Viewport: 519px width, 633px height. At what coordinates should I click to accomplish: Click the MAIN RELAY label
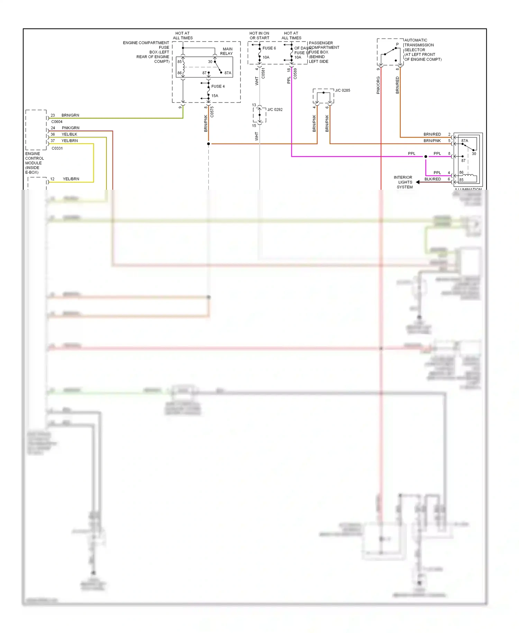pos(227,51)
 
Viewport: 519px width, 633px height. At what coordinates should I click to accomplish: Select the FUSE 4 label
pos(218,87)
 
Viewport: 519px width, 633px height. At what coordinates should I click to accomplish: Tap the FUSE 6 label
pos(269,48)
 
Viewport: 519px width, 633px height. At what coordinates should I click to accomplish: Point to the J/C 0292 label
pos(275,110)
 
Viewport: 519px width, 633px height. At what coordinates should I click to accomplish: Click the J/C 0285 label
pos(343,90)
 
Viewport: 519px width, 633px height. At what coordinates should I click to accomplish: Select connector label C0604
pos(57,122)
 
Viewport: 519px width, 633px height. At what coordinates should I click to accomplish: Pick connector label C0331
pos(57,148)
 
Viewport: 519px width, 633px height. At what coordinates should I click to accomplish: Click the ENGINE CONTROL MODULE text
pos(34,163)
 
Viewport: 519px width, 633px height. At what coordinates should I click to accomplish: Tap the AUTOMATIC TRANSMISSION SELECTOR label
pos(422,50)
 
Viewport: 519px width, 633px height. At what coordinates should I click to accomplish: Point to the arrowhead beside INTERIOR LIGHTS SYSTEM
pos(418,182)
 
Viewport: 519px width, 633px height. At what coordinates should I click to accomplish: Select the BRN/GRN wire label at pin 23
pos(70,115)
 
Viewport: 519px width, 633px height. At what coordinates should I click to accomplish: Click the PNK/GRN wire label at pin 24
pos(70,128)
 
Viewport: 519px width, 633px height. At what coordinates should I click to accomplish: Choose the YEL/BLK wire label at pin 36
pos(69,134)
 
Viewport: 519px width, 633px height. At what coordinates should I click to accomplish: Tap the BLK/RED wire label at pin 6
pos(432,179)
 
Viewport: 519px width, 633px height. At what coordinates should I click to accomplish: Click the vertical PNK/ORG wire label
pos(378,85)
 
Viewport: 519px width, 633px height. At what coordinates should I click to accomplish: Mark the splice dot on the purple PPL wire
pos(426,157)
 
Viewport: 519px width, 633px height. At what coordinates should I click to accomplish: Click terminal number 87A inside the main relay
pos(228,73)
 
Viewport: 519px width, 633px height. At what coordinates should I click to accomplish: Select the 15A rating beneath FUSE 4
pos(215,96)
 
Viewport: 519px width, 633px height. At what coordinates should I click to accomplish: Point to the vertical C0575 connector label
pos(212,112)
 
